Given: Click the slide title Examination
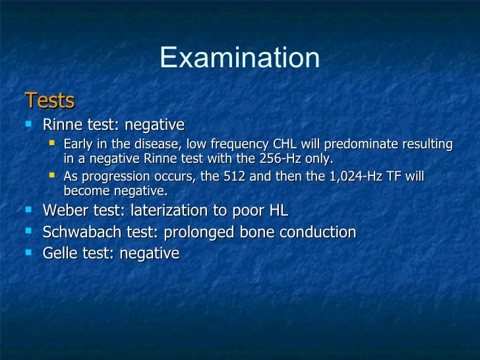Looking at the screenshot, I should pos(239,58).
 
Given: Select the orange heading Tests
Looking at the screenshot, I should pos(49,101).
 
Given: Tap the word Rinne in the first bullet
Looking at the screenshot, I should pos(61,125).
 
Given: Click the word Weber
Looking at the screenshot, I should pos(64,211).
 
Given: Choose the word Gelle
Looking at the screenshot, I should pos(59,253).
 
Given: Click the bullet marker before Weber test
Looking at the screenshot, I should pos(28,211).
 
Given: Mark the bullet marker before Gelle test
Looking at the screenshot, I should pos(28,253).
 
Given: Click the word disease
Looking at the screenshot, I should pos(162,144).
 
